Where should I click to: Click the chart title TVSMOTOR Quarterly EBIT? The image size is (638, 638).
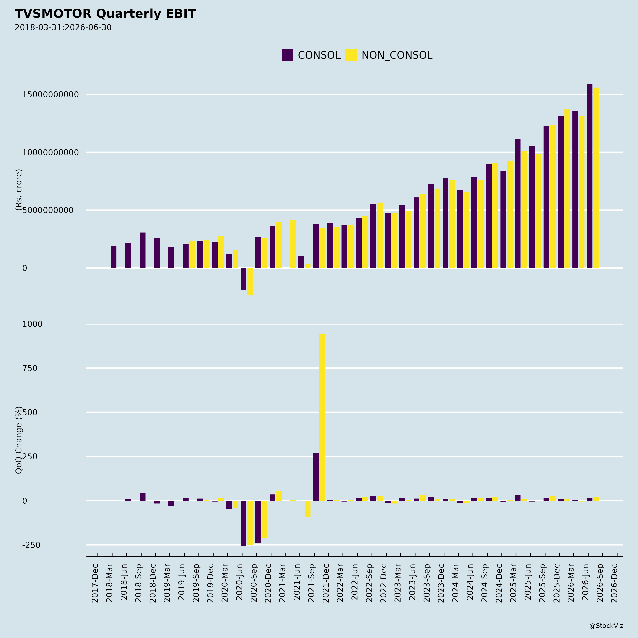[105, 14]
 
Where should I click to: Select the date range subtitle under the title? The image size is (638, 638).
[63, 27]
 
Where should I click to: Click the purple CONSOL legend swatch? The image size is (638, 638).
[287, 55]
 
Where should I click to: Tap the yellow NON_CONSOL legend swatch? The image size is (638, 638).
[351, 55]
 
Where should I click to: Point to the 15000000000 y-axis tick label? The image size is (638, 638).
[51, 95]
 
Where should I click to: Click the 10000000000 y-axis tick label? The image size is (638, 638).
[51, 153]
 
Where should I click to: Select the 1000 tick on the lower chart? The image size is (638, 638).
[32, 324]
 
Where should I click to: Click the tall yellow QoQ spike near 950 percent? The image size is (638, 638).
[322, 417]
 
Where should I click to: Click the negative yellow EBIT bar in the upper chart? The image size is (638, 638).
[250, 282]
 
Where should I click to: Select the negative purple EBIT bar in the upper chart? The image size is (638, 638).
[243, 279]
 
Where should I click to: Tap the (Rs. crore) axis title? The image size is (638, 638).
[19, 190]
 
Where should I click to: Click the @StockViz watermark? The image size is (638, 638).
[606, 626]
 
